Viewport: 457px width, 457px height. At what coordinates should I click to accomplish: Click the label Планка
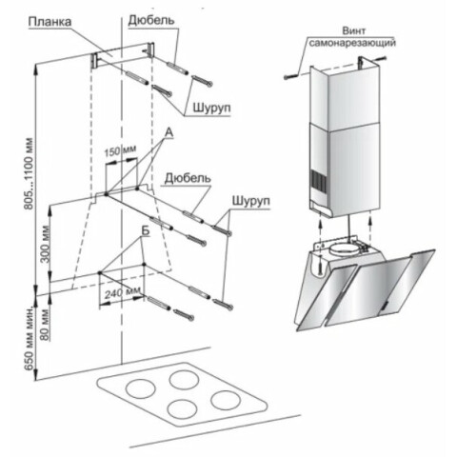click(50, 22)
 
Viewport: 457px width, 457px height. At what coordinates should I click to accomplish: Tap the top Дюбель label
click(151, 20)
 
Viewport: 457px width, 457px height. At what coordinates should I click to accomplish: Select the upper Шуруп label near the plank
click(211, 109)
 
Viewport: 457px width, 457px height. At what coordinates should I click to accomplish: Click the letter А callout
click(169, 133)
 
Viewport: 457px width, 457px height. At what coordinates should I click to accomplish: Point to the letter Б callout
click(145, 230)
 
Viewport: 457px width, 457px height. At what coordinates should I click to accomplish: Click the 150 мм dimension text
click(120, 150)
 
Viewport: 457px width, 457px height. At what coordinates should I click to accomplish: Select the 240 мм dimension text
click(123, 292)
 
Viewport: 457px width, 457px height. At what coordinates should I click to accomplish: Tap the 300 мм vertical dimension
click(46, 244)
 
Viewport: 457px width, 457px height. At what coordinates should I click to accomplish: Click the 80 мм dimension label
click(46, 325)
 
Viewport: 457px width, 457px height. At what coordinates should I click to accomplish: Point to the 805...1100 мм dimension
click(29, 173)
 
